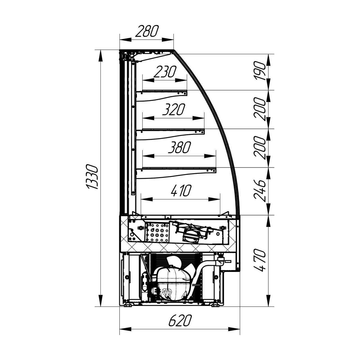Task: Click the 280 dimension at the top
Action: (147, 31)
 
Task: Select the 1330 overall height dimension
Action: (92, 177)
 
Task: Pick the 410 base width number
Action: (181, 191)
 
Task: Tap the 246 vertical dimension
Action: (260, 191)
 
